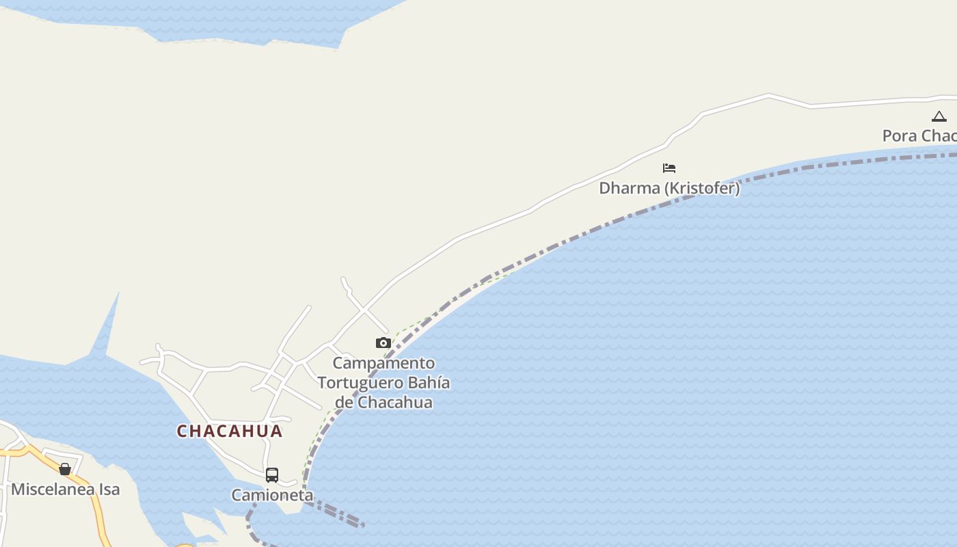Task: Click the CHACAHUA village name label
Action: click(x=230, y=431)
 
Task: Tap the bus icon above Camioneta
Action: click(x=272, y=475)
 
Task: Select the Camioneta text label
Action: click(x=272, y=495)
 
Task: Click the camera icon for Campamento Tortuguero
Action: click(x=383, y=343)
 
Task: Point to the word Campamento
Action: click(x=383, y=362)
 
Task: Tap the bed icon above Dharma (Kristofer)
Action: click(x=669, y=168)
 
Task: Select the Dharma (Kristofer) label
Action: click(x=669, y=188)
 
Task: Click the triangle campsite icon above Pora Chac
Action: click(x=939, y=117)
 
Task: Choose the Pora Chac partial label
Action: click(x=919, y=135)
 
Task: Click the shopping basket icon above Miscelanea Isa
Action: click(x=65, y=469)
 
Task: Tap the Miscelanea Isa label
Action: click(x=66, y=489)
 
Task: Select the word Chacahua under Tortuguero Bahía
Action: click(x=395, y=402)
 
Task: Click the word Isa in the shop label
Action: click(x=110, y=489)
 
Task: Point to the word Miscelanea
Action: click(x=54, y=489)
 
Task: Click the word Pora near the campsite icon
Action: click(x=899, y=135)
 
